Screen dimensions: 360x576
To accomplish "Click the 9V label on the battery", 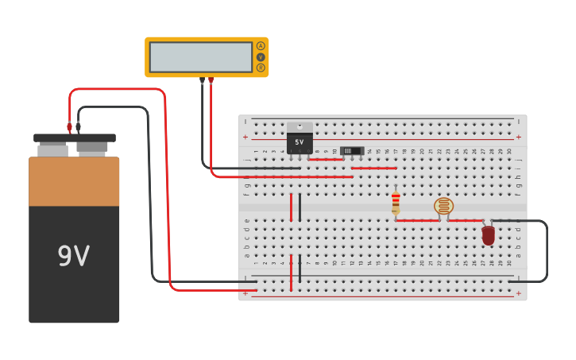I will tap(73, 256).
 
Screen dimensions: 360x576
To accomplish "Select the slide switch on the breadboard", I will tap(351, 150).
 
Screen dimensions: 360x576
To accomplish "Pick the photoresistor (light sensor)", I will tap(443, 207).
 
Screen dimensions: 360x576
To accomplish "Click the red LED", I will tap(488, 234).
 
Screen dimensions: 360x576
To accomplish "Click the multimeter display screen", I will tap(200, 57).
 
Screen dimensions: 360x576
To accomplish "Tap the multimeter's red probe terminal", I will tap(211, 80).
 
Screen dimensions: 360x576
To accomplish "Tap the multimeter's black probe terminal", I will tap(202, 80).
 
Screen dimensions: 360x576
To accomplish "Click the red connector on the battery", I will tap(69, 127).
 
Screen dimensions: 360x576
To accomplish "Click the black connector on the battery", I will tap(78, 127).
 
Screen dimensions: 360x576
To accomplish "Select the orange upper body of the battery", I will tap(74, 181).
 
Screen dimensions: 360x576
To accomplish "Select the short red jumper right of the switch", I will tap(373, 168).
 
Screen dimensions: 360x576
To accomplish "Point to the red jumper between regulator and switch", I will tap(325, 159).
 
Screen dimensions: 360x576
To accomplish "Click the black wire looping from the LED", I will tap(546, 250).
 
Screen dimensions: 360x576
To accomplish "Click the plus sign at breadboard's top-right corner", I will tap(518, 137).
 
